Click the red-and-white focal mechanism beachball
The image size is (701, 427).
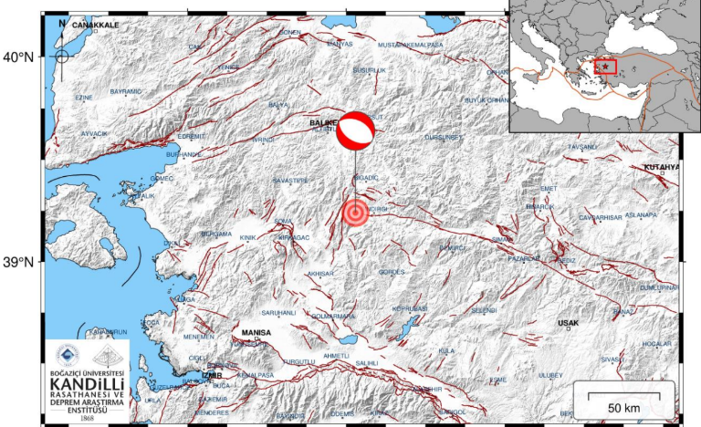(x=355, y=130)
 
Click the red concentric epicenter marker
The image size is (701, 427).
(x=355, y=213)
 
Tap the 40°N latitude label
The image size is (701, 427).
(x=18, y=57)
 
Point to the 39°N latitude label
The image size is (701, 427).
(x=18, y=263)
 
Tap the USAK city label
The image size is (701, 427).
(x=568, y=322)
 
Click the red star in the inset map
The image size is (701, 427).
(x=605, y=67)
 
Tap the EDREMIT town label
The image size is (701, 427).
(x=191, y=136)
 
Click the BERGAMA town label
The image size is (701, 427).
(x=216, y=234)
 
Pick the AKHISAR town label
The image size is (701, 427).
(x=322, y=273)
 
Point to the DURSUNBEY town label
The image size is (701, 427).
(x=445, y=136)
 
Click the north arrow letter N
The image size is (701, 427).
(x=61, y=22)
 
